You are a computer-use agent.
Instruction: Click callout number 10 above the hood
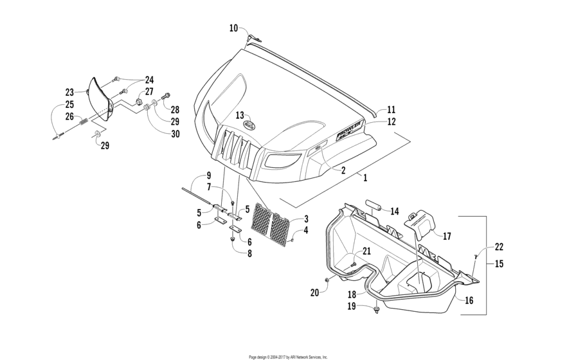point(233,28)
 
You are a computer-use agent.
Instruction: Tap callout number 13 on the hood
point(239,116)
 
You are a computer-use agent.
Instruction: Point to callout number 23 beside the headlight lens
point(70,92)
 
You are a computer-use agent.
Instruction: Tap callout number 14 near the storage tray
point(394,211)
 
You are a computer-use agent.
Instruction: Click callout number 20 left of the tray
point(314,292)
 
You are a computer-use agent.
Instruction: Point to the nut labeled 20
point(328,280)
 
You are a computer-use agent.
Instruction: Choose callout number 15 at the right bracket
point(499,264)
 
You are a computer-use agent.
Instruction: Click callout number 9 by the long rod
point(208,176)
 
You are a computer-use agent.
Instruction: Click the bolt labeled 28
point(165,97)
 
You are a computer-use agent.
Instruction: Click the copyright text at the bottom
point(288,356)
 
